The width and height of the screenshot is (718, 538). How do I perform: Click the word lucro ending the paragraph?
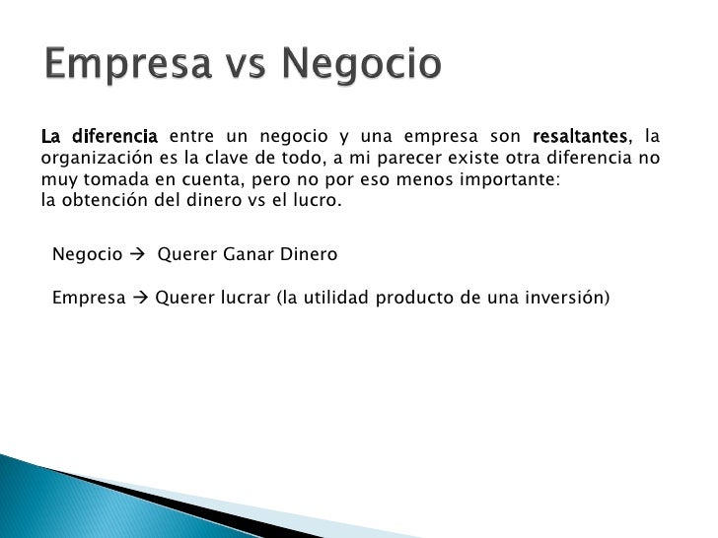tap(317, 201)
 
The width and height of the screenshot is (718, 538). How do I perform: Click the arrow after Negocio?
tap(136, 254)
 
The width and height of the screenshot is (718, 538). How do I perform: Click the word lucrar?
tap(245, 297)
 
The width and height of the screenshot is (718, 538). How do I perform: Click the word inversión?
tap(567, 297)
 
